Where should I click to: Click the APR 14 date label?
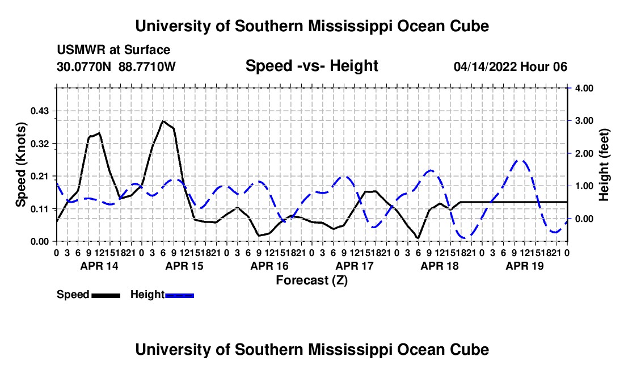pyautogui.click(x=99, y=266)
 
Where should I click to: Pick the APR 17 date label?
pyautogui.click(x=355, y=266)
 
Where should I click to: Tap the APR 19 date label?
pyautogui.click(x=525, y=266)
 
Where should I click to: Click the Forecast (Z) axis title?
pyautogui.click(x=311, y=280)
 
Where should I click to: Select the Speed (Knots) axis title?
pyautogui.click(x=20, y=165)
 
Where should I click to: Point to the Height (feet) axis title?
pyautogui.click(x=604, y=165)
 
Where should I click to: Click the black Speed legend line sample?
pyautogui.click(x=106, y=295)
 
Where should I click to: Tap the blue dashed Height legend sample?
pyautogui.click(x=179, y=295)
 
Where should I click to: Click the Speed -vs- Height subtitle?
pyautogui.click(x=311, y=66)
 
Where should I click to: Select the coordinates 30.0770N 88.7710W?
pyautogui.click(x=116, y=66)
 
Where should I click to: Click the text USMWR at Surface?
pyautogui.click(x=113, y=50)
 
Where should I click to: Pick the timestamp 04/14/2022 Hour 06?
pyautogui.click(x=510, y=66)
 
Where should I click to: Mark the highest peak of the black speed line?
pyautogui.click(x=163, y=120)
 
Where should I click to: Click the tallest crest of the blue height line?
pyautogui.click(x=522, y=160)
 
